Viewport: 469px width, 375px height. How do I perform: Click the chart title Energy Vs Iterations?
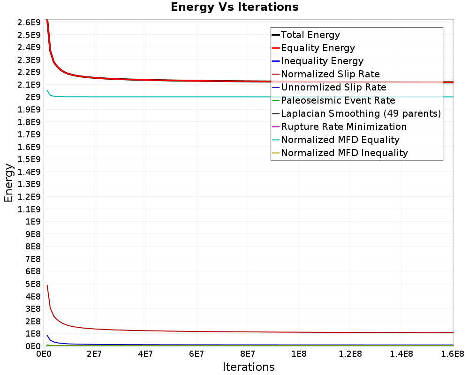click(x=234, y=7)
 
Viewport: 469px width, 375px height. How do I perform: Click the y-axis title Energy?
click(x=8, y=183)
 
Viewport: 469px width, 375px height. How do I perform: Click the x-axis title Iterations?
click(x=249, y=367)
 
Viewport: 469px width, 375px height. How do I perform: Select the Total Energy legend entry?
click(x=310, y=35)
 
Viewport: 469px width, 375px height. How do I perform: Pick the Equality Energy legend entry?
click(x=318, y=48)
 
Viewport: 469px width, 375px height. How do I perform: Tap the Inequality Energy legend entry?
click(x=322, y=61)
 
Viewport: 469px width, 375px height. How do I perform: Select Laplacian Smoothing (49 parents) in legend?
click(x=361, y=113)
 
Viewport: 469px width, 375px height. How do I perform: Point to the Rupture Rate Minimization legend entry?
click(x=344, y=127)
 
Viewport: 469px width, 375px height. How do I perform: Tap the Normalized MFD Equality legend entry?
click(x=340, y=140)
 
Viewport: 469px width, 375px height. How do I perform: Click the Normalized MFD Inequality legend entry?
click(x=344, y=153)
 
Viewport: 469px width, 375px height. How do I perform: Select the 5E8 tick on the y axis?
click(x=32, y=284)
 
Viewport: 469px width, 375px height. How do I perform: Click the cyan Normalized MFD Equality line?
click(x=188, y=97)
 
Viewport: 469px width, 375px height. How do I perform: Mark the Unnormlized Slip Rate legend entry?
click(x=333, y=87)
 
